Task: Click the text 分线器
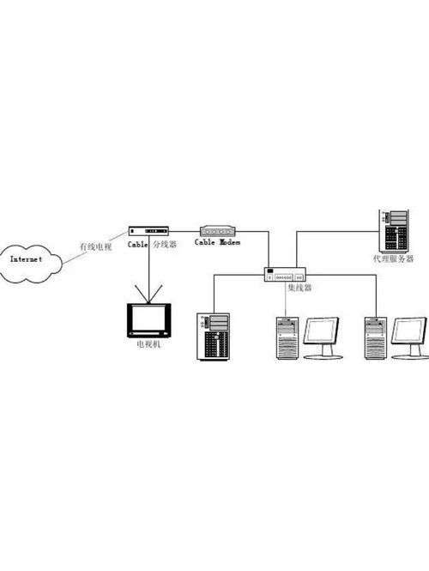[165, 245]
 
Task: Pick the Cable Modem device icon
[218, 231]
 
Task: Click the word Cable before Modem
[205, 244]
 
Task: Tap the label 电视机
[148, 343]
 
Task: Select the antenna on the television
[151, 295]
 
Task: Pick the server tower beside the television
[214, 336]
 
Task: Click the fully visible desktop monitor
[322, 335]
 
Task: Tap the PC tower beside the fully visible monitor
[287, 339]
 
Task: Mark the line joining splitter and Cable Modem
[184, 232]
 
